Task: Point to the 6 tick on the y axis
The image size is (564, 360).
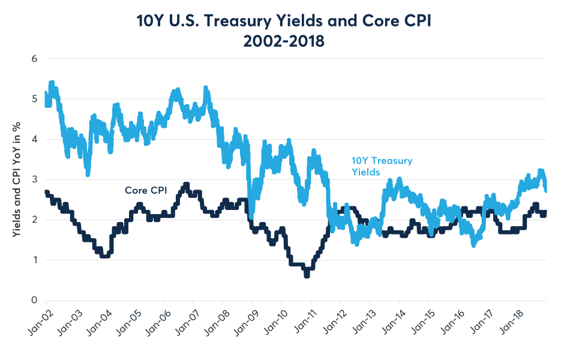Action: tap(35, 59)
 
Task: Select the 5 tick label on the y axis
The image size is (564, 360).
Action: tap(35, 99)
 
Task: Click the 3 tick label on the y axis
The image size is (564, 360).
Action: tap(35, 179)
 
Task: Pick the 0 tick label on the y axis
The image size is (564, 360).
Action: tap(35, 300)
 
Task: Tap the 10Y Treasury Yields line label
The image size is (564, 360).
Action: tap(382, 166)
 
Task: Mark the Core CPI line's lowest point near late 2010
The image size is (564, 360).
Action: tap(307, 275)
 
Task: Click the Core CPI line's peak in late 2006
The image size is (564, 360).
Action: tap(187, 185)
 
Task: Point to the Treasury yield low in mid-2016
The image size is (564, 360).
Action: tap(474, 244)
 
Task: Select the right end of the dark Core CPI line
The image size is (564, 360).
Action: tap(546, 212)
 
